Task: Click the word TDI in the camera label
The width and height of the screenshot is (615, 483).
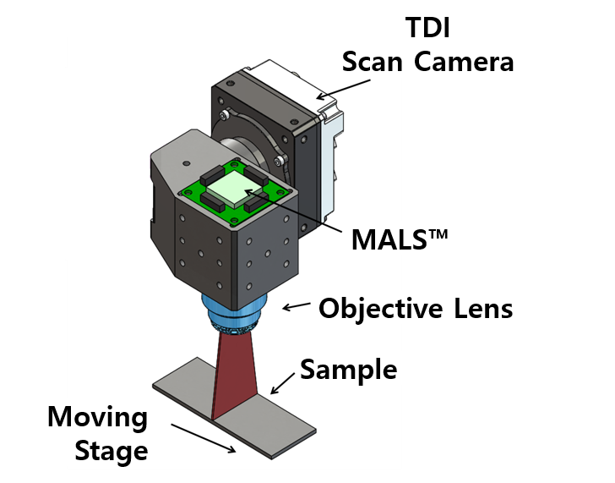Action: pyautogui.click(x=427, y=28)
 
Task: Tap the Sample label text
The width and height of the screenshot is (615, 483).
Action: pyautogui.click(x=348, y=370)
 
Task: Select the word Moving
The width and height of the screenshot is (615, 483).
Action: pyautogui.click(x=96, y=417)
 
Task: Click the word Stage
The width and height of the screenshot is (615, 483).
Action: pyautogui.click(x=111, y=451)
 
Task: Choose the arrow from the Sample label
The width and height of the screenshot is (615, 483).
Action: pyautogui.click(x=284, y=383)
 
